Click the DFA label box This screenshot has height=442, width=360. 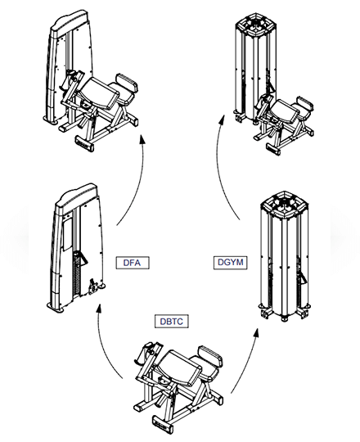click(133, 263)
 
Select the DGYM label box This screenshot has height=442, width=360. click(230, 262)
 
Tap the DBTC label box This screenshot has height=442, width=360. click(171, 322)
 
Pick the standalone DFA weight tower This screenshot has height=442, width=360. click(75, 247)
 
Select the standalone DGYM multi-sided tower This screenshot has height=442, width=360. click(285, 256)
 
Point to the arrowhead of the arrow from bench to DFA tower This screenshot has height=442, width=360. click(98, 309)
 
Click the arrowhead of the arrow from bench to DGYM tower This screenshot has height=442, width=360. click(256, 332)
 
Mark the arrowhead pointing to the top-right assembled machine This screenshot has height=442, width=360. click(222, 120)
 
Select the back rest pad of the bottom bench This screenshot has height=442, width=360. click(210, 356)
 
